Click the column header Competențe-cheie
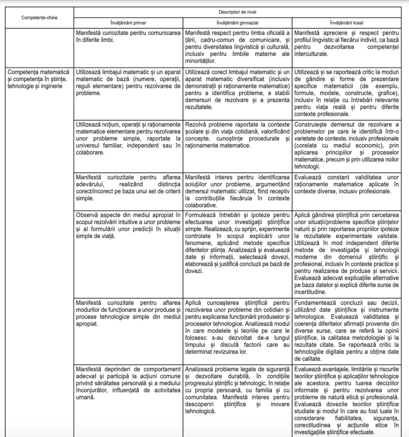(x=40, y=18)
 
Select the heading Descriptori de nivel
(x=237, y=12)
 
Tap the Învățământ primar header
(x=129, y=22)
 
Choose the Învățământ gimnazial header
(x=237, y=22)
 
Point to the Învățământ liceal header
(x=346, y=22)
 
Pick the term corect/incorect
(x=98, y=192)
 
